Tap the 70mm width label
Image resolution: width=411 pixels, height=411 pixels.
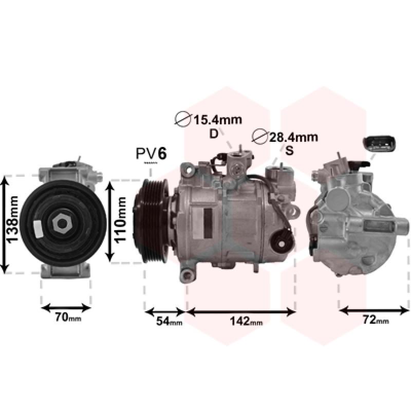68,317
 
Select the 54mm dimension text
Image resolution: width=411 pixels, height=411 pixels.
169,321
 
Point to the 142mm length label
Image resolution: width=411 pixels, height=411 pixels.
246,321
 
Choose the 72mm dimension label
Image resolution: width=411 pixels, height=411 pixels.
376,320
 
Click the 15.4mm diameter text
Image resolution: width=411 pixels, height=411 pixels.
217,120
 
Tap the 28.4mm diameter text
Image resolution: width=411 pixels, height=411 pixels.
293,137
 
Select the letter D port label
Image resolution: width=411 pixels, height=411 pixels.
214,134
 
